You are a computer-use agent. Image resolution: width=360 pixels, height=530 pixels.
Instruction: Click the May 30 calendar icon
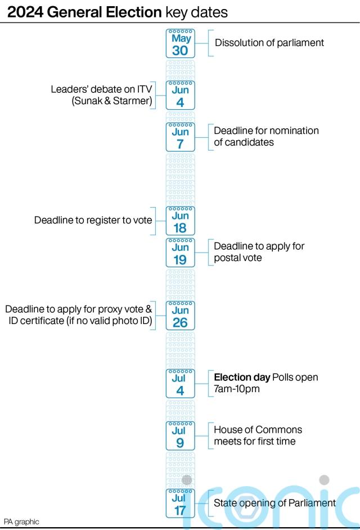pos(180,44)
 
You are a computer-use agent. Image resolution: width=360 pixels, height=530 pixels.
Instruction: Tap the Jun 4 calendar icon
pos(180,96)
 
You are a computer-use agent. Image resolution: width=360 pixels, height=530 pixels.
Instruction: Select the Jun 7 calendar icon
pos(180,137)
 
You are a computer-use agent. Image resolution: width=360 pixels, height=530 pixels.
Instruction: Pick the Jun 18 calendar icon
pos(180,221)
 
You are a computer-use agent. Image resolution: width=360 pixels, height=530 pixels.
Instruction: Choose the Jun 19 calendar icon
pos(180,253)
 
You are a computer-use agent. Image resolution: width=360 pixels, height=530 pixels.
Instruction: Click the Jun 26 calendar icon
pos(180,316)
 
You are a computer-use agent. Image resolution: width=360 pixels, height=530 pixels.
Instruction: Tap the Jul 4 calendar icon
pos(180,384)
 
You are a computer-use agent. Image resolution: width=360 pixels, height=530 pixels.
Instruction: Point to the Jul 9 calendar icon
pos(180,436)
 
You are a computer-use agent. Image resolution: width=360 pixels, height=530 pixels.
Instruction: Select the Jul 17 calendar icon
pos(180,504)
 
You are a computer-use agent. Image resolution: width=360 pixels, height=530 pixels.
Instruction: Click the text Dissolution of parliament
pos(269,43)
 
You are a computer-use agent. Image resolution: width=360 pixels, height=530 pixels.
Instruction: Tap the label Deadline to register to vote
pos(93,220)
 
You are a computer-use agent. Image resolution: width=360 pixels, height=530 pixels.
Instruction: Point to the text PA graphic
pos(21,522)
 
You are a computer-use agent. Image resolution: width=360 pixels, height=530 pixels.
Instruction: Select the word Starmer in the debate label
pos(132,101)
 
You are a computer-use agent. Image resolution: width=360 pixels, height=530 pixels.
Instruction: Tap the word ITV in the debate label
pos(143,89)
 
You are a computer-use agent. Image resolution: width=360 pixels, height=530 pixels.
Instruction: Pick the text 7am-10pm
pos(237,389)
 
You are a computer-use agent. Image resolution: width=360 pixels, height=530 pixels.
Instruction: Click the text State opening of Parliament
pos(274,503)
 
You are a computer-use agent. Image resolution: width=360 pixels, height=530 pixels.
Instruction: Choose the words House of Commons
pos(258,430)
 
